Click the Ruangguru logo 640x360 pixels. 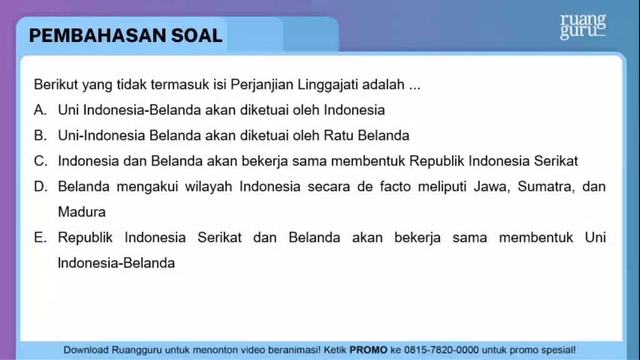click(x=583, y=26)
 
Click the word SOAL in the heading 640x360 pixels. click(x=197, y=36)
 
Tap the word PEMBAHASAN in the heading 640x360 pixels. click(x=97, y=36)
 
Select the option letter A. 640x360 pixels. click(x=40, y=110)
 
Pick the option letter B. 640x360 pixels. click(x=40, y=135)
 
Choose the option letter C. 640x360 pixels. click(x=41, y=161)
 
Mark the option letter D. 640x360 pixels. click(x=41, y=186)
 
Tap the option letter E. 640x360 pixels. click(x=40, y=237)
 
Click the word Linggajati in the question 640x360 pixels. click(x=327, y=85)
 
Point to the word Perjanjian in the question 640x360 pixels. click(x=262, y=85)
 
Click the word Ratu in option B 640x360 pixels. click(x=338, y=135)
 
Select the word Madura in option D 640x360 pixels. click(x=82, y=212)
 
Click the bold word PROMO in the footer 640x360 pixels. click(x=368, y=350)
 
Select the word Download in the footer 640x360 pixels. click(x=86, y=350)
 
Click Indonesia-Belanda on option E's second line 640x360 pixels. click(x=116, y=263)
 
